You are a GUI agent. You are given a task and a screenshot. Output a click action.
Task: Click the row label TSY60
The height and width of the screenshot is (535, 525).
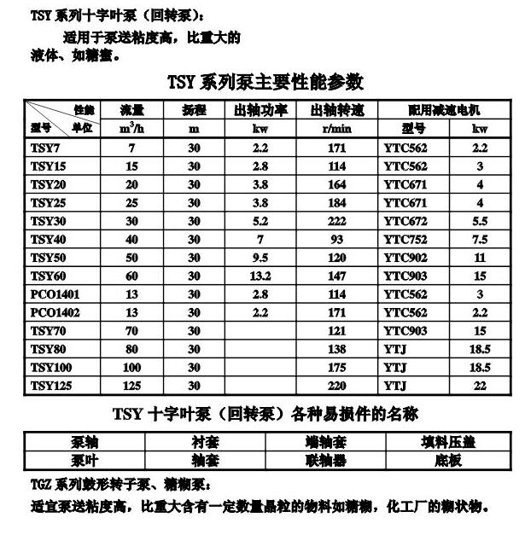pyautogui.click(x=48, y=276)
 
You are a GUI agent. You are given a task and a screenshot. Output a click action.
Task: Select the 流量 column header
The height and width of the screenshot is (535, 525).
pyautogui.click(x=131, y=110)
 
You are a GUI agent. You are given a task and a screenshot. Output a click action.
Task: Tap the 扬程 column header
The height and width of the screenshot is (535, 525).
pyautogui.click(x=194, y=110)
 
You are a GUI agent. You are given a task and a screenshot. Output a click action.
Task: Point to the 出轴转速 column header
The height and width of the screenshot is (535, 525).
pyautogui.click(x=336, y=110)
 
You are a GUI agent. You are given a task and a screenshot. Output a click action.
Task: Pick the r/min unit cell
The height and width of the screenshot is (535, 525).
pyautogui.click(x=336, y=129)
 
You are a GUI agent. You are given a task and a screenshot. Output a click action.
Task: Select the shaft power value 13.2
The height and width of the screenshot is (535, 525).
pyautogui.click(x=260, y=276)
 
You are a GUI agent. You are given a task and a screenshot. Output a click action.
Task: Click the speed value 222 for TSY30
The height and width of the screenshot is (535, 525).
pyautogui.click(x=336, y=220)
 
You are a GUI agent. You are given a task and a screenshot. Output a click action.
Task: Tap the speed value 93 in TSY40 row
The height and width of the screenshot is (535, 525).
pyautogui.click(x=336, y=239)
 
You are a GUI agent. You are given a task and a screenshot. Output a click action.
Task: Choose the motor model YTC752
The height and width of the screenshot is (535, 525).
pyautogui.click(x=405, y=239)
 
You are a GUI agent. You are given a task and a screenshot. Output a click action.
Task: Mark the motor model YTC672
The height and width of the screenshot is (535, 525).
pyautogui.click(x=405, y=220)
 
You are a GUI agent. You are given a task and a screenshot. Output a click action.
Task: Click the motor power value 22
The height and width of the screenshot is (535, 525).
pyautogui.click(x=480, y=386)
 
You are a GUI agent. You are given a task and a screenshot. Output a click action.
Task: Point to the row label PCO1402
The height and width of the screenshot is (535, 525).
pyautogui.click(x=55, y=312)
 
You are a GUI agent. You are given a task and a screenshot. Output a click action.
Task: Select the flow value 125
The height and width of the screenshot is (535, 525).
pyautogui.click(x=131, y=386)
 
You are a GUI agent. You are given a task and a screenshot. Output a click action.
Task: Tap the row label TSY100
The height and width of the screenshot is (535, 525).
pyautogui.click(x=50, y=367)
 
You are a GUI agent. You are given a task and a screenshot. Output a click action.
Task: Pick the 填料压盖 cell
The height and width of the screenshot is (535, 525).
pyautogui.click(x=448, y=442)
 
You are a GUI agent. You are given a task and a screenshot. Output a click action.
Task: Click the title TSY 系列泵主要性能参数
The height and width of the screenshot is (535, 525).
pyautogui.click(x=265, y=82)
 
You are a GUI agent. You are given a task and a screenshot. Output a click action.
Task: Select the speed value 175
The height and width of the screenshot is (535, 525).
pyautogui.click(x=336, y=367)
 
